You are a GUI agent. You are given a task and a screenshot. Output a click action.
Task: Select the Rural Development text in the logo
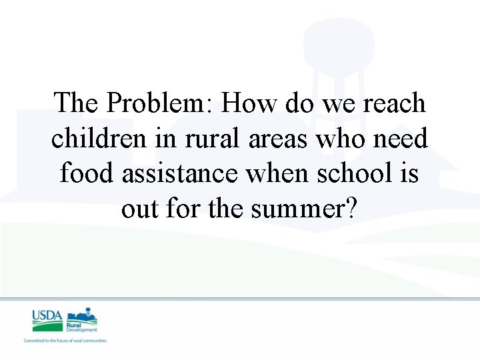(81, 327)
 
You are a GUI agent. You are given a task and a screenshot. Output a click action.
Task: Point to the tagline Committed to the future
(65, 341)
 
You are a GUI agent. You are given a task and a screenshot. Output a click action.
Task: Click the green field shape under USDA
(47, 326)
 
